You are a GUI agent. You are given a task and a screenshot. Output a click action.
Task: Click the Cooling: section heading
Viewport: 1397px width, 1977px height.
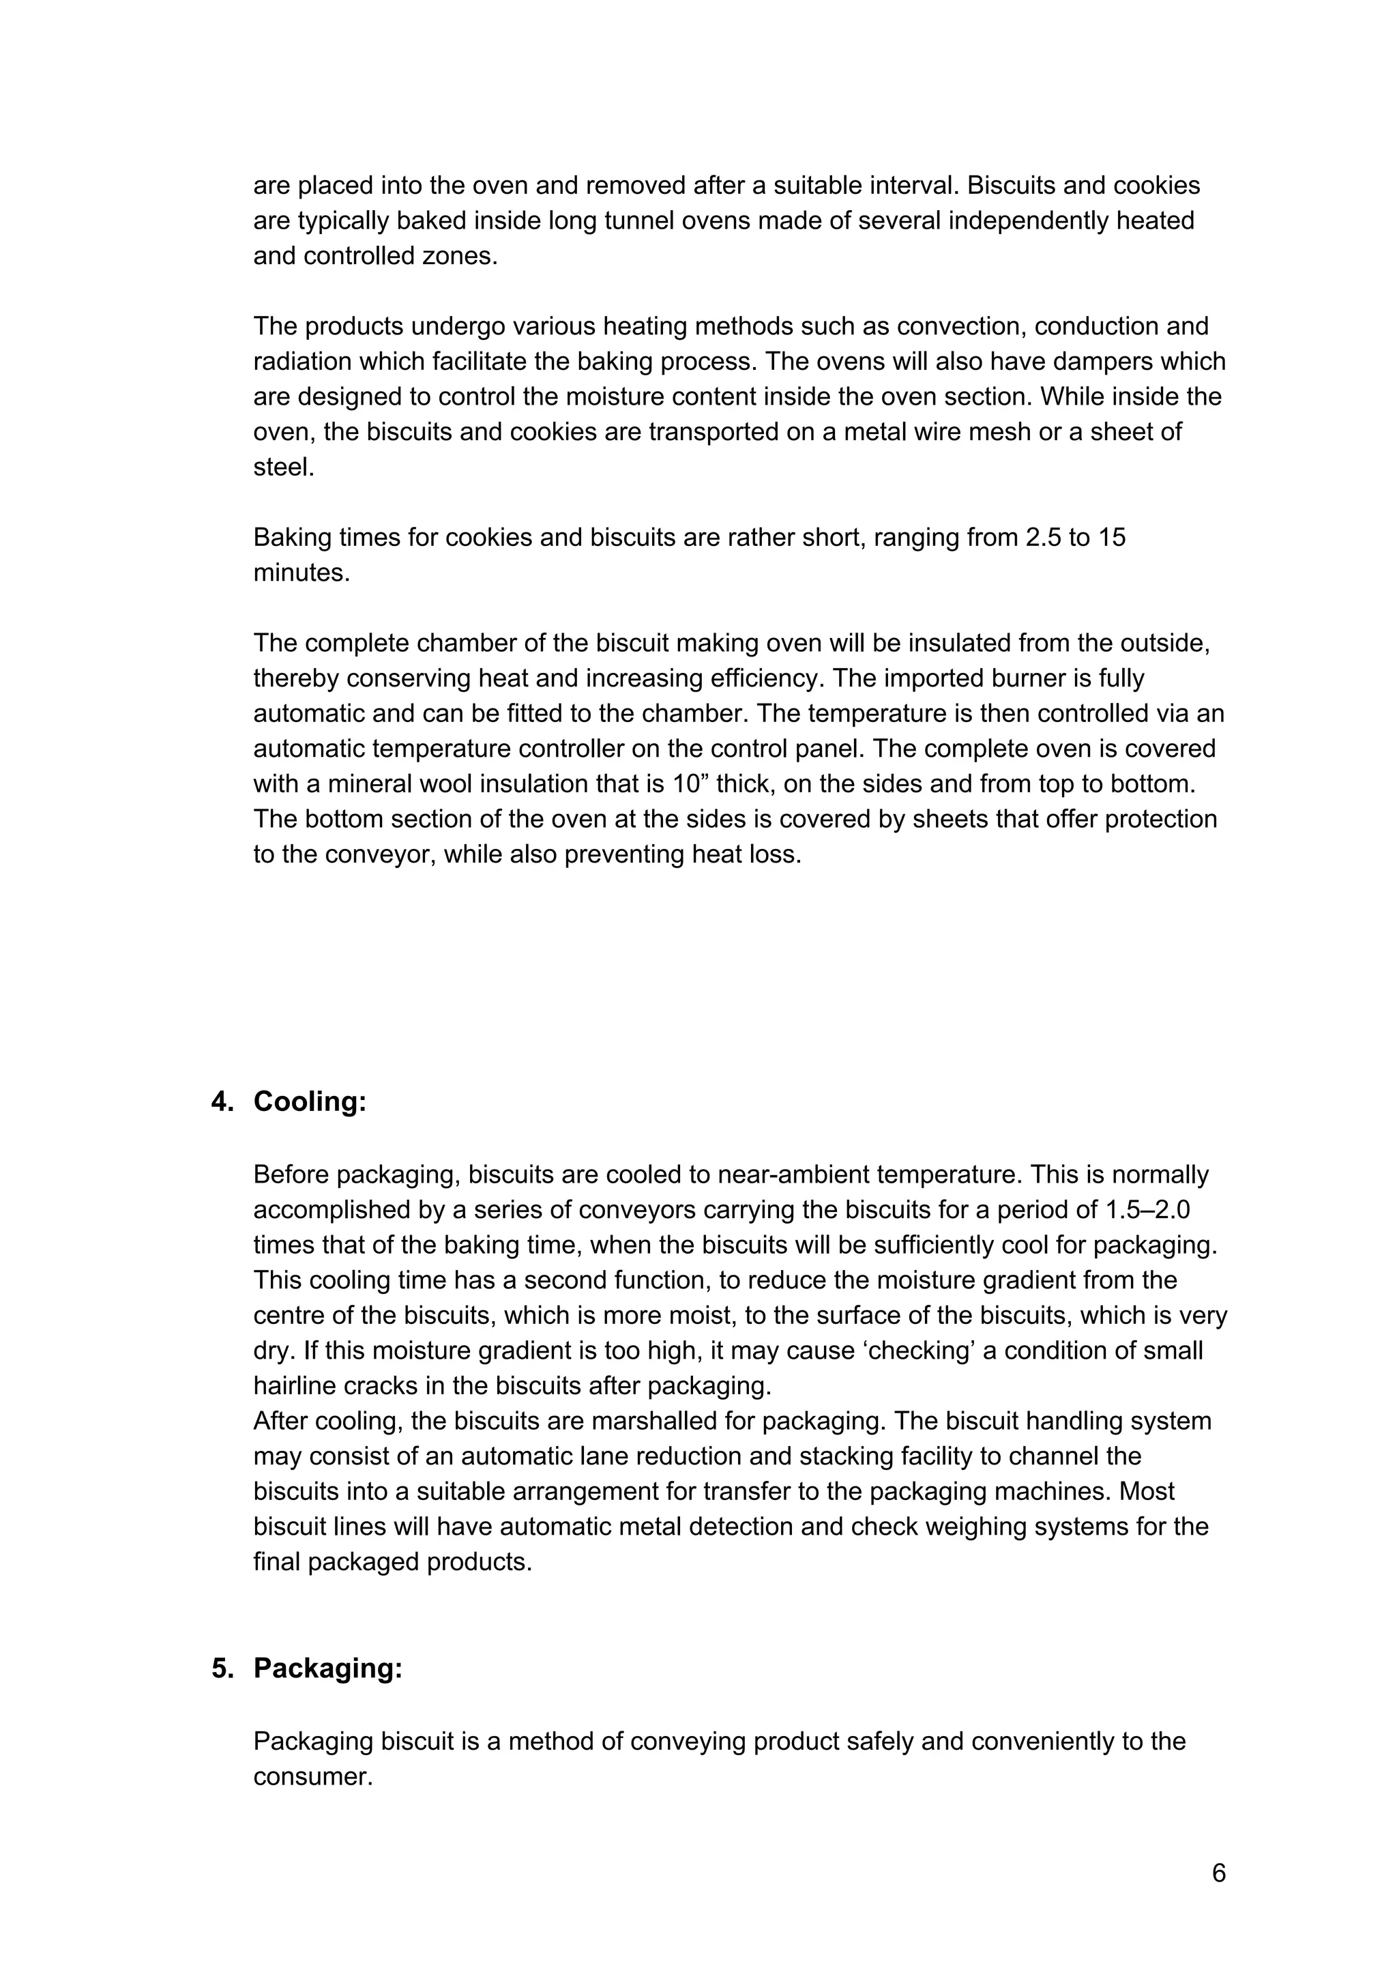coord(310,1102)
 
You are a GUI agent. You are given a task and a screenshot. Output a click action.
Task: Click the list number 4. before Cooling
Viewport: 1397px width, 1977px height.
coord(223,1102)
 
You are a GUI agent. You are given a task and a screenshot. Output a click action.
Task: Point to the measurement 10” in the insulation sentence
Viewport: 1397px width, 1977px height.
coord(690,783)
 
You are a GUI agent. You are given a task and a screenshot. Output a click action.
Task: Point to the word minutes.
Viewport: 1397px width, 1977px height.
coord(302,573)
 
